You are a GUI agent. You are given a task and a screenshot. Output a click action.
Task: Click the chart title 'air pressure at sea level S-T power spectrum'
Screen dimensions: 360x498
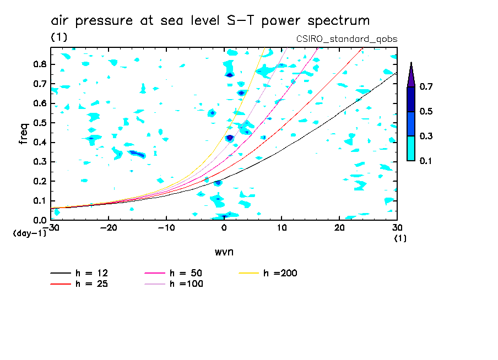(x=210, y=21)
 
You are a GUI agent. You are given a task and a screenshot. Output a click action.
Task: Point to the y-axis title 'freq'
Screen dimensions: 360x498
(x=24, y=133)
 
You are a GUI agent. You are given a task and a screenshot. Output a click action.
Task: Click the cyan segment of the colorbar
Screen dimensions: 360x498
(x=411, y=148)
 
